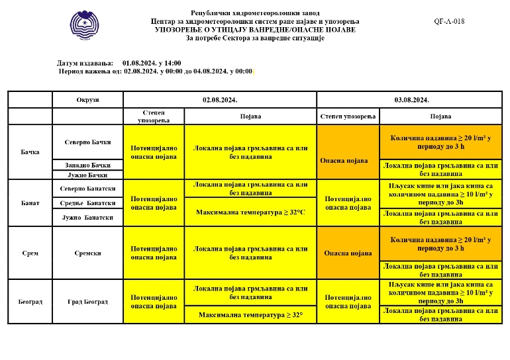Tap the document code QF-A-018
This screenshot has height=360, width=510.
click(x=449, y=21)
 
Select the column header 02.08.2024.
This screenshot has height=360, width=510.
click(x=220, y=99)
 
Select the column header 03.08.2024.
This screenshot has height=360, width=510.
click(x=413, y=99)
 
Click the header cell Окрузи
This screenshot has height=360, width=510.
click(x=87, y=99)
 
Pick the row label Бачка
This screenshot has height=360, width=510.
click(x=30, y=152)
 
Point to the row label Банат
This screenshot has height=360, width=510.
click(x=30, y=202)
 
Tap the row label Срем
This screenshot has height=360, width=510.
click(x=30, y=253)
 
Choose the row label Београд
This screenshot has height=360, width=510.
click(x=30, y=302)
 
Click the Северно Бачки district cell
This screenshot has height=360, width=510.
click(x=87, y=142)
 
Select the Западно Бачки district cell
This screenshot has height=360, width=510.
click(x=87, y=165)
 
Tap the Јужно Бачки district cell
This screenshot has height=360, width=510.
click(x=87, y=175)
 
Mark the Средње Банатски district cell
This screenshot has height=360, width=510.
click(x=87, y=202)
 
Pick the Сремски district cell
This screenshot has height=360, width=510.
click(x=87, y=253)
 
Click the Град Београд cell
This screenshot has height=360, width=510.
click(x=87, y=302)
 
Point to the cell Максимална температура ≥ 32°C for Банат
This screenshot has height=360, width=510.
click(x=250, y=212)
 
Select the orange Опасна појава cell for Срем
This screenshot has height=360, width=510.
click(x=348, y=253)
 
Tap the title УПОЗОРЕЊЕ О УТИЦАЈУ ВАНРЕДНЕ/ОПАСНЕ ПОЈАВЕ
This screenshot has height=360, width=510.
click(x=255, y=30)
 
